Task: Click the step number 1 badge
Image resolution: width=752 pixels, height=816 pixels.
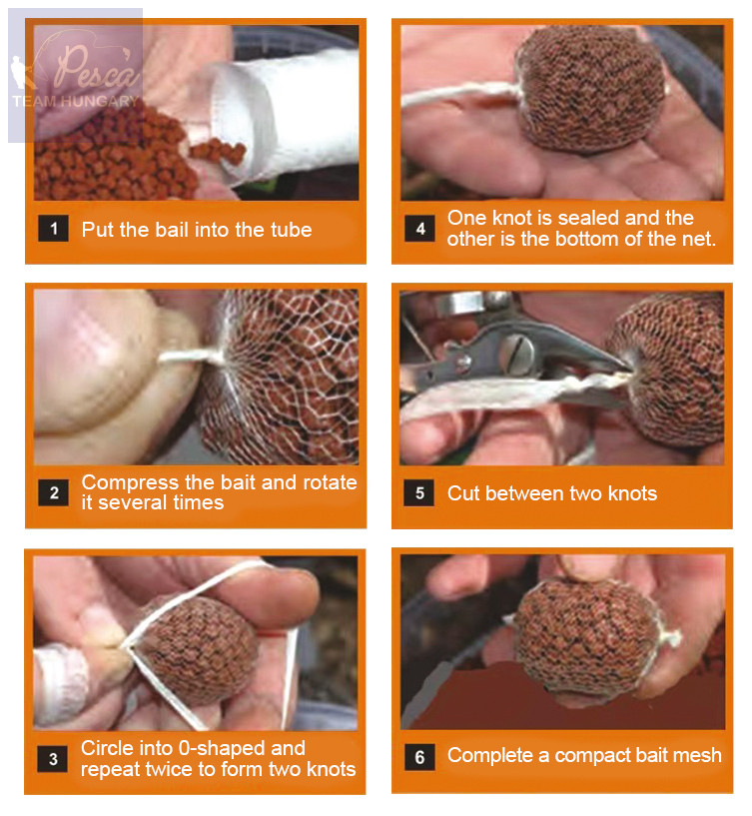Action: tap(53, 229)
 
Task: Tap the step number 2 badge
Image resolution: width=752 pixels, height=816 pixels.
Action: tap(54, 492)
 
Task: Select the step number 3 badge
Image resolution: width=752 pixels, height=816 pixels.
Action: tap(53, 759)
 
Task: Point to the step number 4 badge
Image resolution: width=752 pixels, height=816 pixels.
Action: tap(420, 229)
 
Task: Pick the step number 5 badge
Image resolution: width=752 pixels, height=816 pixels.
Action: tap(418, 492)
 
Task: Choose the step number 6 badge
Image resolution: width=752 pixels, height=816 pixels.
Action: tap(419, 757)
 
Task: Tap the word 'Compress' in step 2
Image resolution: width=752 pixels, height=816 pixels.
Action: tap(130, 483)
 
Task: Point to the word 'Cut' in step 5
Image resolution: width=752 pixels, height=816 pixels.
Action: tap(463, 493)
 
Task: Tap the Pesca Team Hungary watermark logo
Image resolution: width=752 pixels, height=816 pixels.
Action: tap(76, 75)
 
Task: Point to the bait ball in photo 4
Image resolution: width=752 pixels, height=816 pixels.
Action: tap(589, 90)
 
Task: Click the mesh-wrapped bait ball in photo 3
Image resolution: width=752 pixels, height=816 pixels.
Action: tap(198, 650)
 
